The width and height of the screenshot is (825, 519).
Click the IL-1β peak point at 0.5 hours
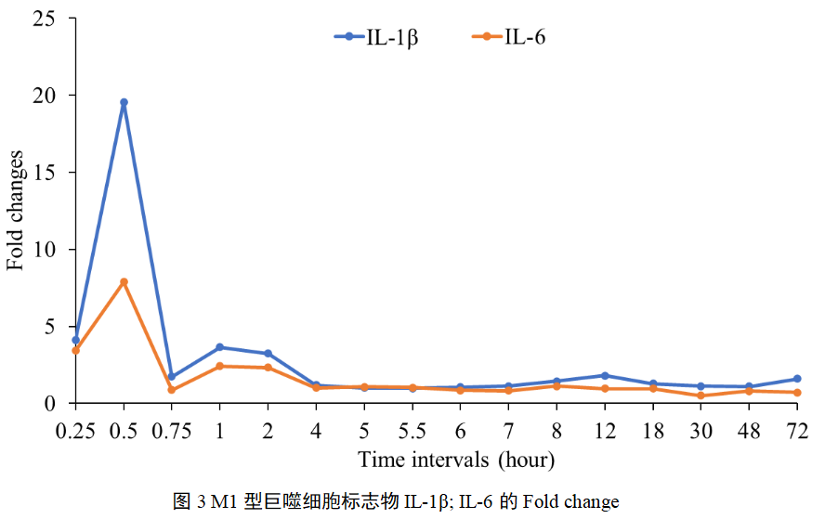(124, 102)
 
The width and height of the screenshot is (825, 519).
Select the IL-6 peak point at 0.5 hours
(124, 281)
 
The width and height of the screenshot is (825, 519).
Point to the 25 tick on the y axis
(43, 19)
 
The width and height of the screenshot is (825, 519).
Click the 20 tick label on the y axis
(43, 96)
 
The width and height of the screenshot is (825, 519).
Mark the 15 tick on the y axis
(43, 173)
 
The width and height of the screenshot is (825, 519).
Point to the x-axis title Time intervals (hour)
(456, 460)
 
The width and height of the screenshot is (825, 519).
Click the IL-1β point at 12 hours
(605, 375)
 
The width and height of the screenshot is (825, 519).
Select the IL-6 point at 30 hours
(701, 396)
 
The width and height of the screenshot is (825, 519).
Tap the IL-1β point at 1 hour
(219, 347)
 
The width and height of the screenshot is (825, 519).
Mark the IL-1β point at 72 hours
(797, 379)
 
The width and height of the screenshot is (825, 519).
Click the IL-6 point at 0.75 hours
(171, 390)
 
